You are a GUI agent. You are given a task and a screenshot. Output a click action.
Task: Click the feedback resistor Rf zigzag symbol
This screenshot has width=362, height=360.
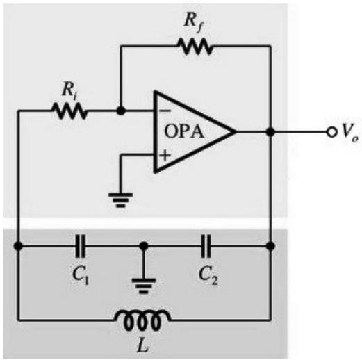coord(195,47)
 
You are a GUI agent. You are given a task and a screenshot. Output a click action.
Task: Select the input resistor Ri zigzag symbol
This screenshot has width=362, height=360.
coord(69,111)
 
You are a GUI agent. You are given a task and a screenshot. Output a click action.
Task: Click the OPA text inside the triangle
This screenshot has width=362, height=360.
coord(184,131)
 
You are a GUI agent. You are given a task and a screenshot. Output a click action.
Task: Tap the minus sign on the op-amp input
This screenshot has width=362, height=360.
coord(165,111)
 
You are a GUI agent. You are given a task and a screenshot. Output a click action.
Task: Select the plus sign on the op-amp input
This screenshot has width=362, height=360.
coord(165,155)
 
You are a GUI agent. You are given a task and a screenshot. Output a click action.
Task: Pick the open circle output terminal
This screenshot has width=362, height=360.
coord(331,132)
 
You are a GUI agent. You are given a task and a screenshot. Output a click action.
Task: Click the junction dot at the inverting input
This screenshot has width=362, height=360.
coord(121,111)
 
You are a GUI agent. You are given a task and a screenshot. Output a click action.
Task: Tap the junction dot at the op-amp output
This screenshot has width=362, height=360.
coord(270,132)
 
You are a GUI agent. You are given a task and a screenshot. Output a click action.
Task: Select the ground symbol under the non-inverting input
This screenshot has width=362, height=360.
coord(121,199)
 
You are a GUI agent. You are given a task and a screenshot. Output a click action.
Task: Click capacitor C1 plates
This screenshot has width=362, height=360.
coord(81,246)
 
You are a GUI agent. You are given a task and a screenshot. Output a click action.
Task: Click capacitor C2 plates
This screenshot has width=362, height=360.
coord(206,246)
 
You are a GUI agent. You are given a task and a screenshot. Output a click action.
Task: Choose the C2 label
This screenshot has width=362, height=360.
coord(208,276)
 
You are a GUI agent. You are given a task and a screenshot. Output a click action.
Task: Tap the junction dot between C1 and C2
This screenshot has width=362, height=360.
coord(144,246)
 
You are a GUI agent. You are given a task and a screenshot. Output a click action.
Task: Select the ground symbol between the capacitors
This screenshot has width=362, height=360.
coord(144,286)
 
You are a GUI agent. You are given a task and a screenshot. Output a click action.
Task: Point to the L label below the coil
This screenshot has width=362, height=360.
coord(142,346)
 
